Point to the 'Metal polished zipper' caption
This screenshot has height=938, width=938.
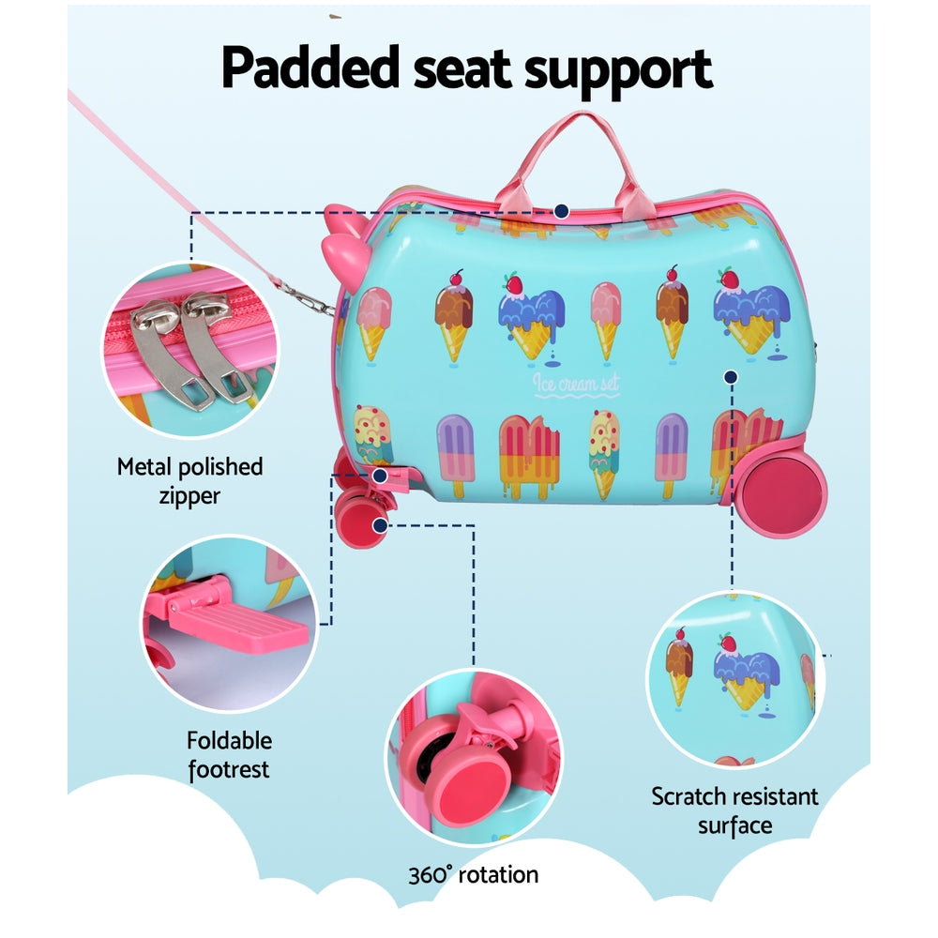coord(189,480)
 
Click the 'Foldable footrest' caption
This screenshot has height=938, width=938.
coord(229,755)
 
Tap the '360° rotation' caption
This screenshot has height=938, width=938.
coord(473,876)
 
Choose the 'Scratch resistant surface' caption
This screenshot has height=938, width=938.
coord(734,810)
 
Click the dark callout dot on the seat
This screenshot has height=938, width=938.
coord(561,212)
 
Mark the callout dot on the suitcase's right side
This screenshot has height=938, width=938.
coord(731,377)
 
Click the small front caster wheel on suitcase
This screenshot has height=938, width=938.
coord(357,512)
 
